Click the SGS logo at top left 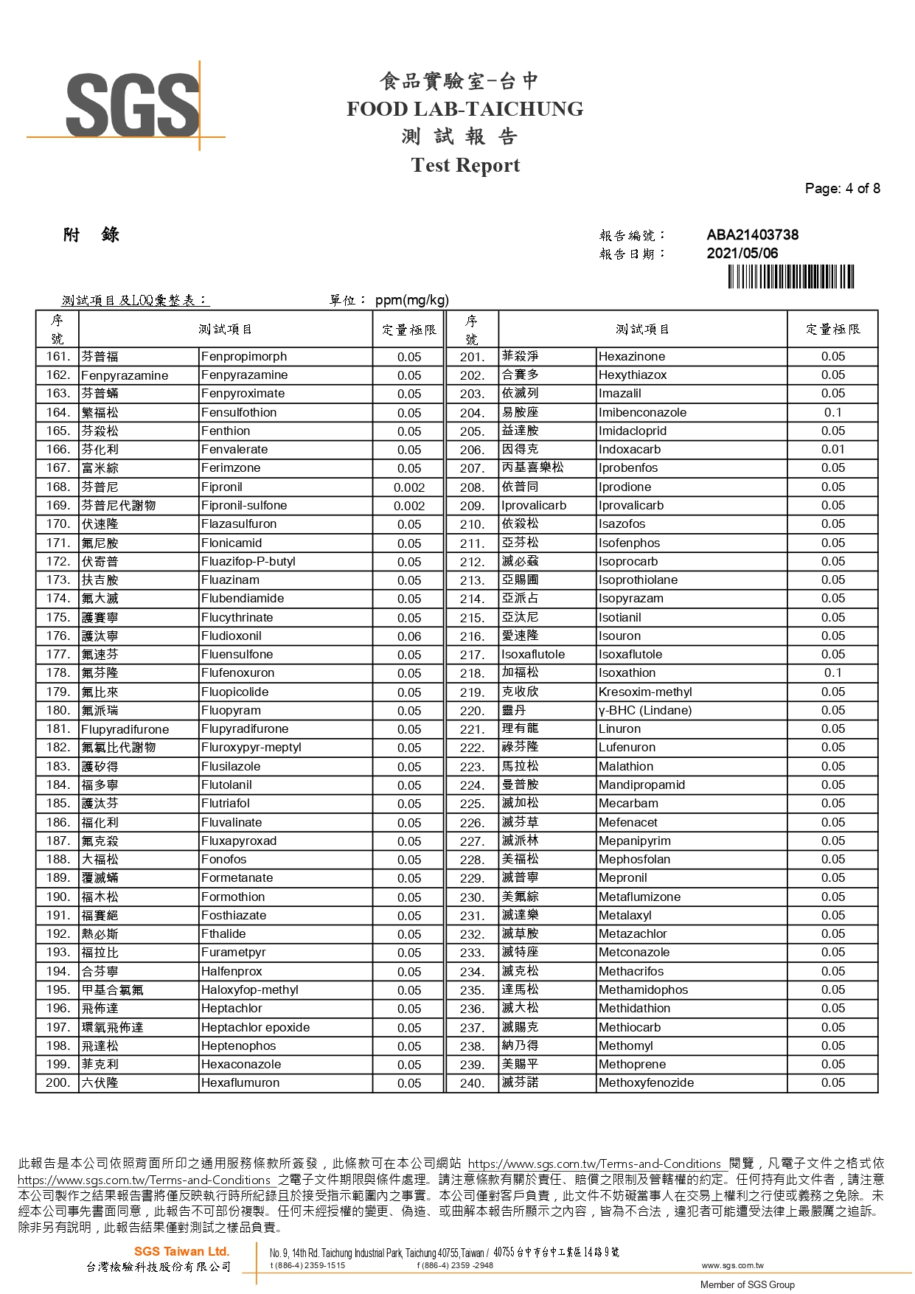133,105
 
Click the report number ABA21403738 752,235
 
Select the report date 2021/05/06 742,253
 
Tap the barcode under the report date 790,276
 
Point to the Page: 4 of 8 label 842,189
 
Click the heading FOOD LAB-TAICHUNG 465,109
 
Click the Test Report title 465,165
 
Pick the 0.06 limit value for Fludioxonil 409,636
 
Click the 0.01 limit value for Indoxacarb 832,450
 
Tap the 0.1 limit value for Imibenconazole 832,413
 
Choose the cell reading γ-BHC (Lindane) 645,711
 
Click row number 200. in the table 58,1083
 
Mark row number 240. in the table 472,1083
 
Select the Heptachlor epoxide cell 255,1028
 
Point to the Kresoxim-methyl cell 645,692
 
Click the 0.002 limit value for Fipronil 409,487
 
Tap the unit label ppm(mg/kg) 411,300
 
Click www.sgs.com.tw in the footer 732,1265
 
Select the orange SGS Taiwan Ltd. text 181,1251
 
